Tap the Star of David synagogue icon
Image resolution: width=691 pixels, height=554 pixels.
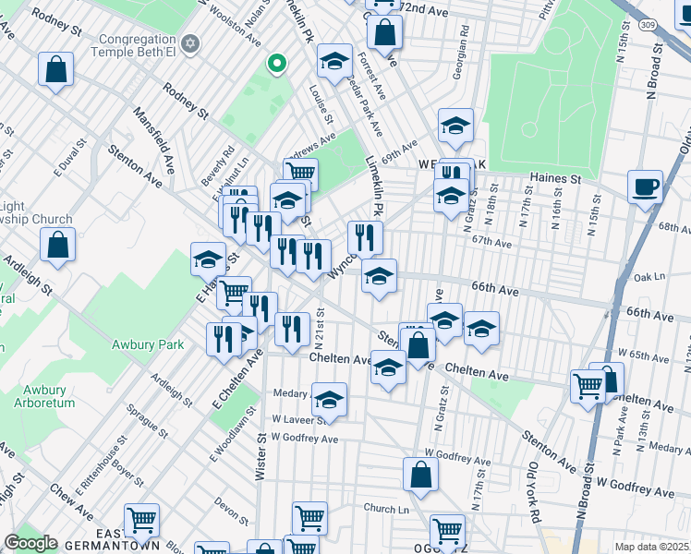point(192,43)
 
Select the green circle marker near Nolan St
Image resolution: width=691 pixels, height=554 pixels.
point(275,64)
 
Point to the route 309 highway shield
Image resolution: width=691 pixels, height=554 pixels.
point(651,24)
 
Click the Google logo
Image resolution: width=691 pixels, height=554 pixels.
point(30,543)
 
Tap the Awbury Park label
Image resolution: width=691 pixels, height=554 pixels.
point(148,344)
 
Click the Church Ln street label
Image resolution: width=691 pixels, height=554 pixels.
point(385,508)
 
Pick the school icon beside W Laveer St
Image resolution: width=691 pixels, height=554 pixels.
point(329,399)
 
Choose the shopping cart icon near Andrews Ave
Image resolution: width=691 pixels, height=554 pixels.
point(300,173)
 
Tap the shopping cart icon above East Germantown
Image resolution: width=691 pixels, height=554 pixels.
point(141,520)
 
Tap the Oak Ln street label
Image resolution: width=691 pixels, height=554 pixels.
point(650,276)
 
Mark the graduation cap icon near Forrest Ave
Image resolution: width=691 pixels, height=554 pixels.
point(334,61)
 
